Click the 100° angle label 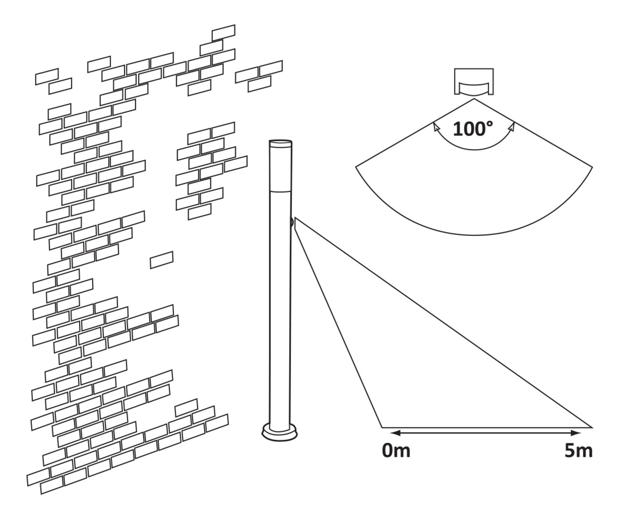click(x=473, y=129)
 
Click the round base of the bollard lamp click(x=278, y=432)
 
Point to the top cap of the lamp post click(x=280, y=143)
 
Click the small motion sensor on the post click(x=292, y=222)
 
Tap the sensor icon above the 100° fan click(x=473, y=82)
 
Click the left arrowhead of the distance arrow click(x=393, y=433)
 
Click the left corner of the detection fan click(x=356, y=167)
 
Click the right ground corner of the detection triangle click(x=592, y=427)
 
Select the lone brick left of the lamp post click(x=162, y=260)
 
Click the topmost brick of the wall click(x=223, y=32)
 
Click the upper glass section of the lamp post click(x=280, y=166)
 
